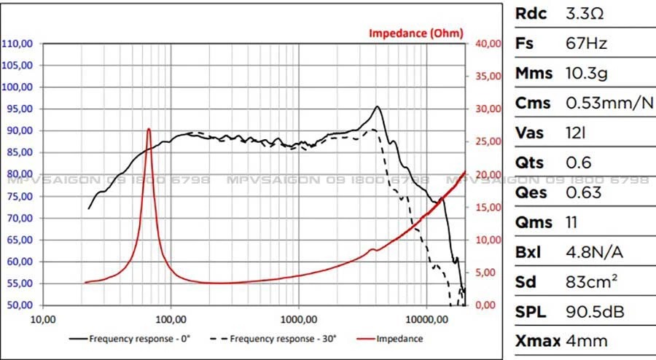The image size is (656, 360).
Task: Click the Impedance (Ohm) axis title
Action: coord(415,33)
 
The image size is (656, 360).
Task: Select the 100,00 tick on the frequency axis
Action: coord(171,318)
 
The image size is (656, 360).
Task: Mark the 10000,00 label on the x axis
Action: coord(425,318)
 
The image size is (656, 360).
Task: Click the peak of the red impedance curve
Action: coord(149,129)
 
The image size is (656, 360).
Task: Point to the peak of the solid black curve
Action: coord(377,106)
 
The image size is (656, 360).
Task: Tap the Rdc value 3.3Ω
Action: coord(585,14)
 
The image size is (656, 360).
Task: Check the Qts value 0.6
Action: coord(579,163)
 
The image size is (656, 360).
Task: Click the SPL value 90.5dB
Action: coord(595,312)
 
